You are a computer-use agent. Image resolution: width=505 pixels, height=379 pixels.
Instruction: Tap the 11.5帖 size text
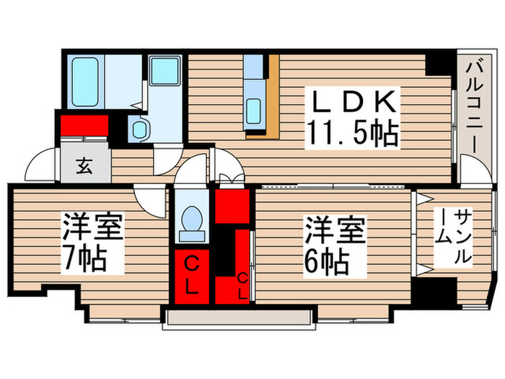pos(353,131)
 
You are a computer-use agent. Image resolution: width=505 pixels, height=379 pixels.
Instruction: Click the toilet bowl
pos(193,220)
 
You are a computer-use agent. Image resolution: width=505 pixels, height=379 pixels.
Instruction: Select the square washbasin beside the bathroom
pos(164,71)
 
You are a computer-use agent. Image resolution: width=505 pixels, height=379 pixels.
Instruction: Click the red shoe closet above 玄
pos(84,127)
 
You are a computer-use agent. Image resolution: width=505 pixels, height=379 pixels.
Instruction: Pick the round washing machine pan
pos(139,131)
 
